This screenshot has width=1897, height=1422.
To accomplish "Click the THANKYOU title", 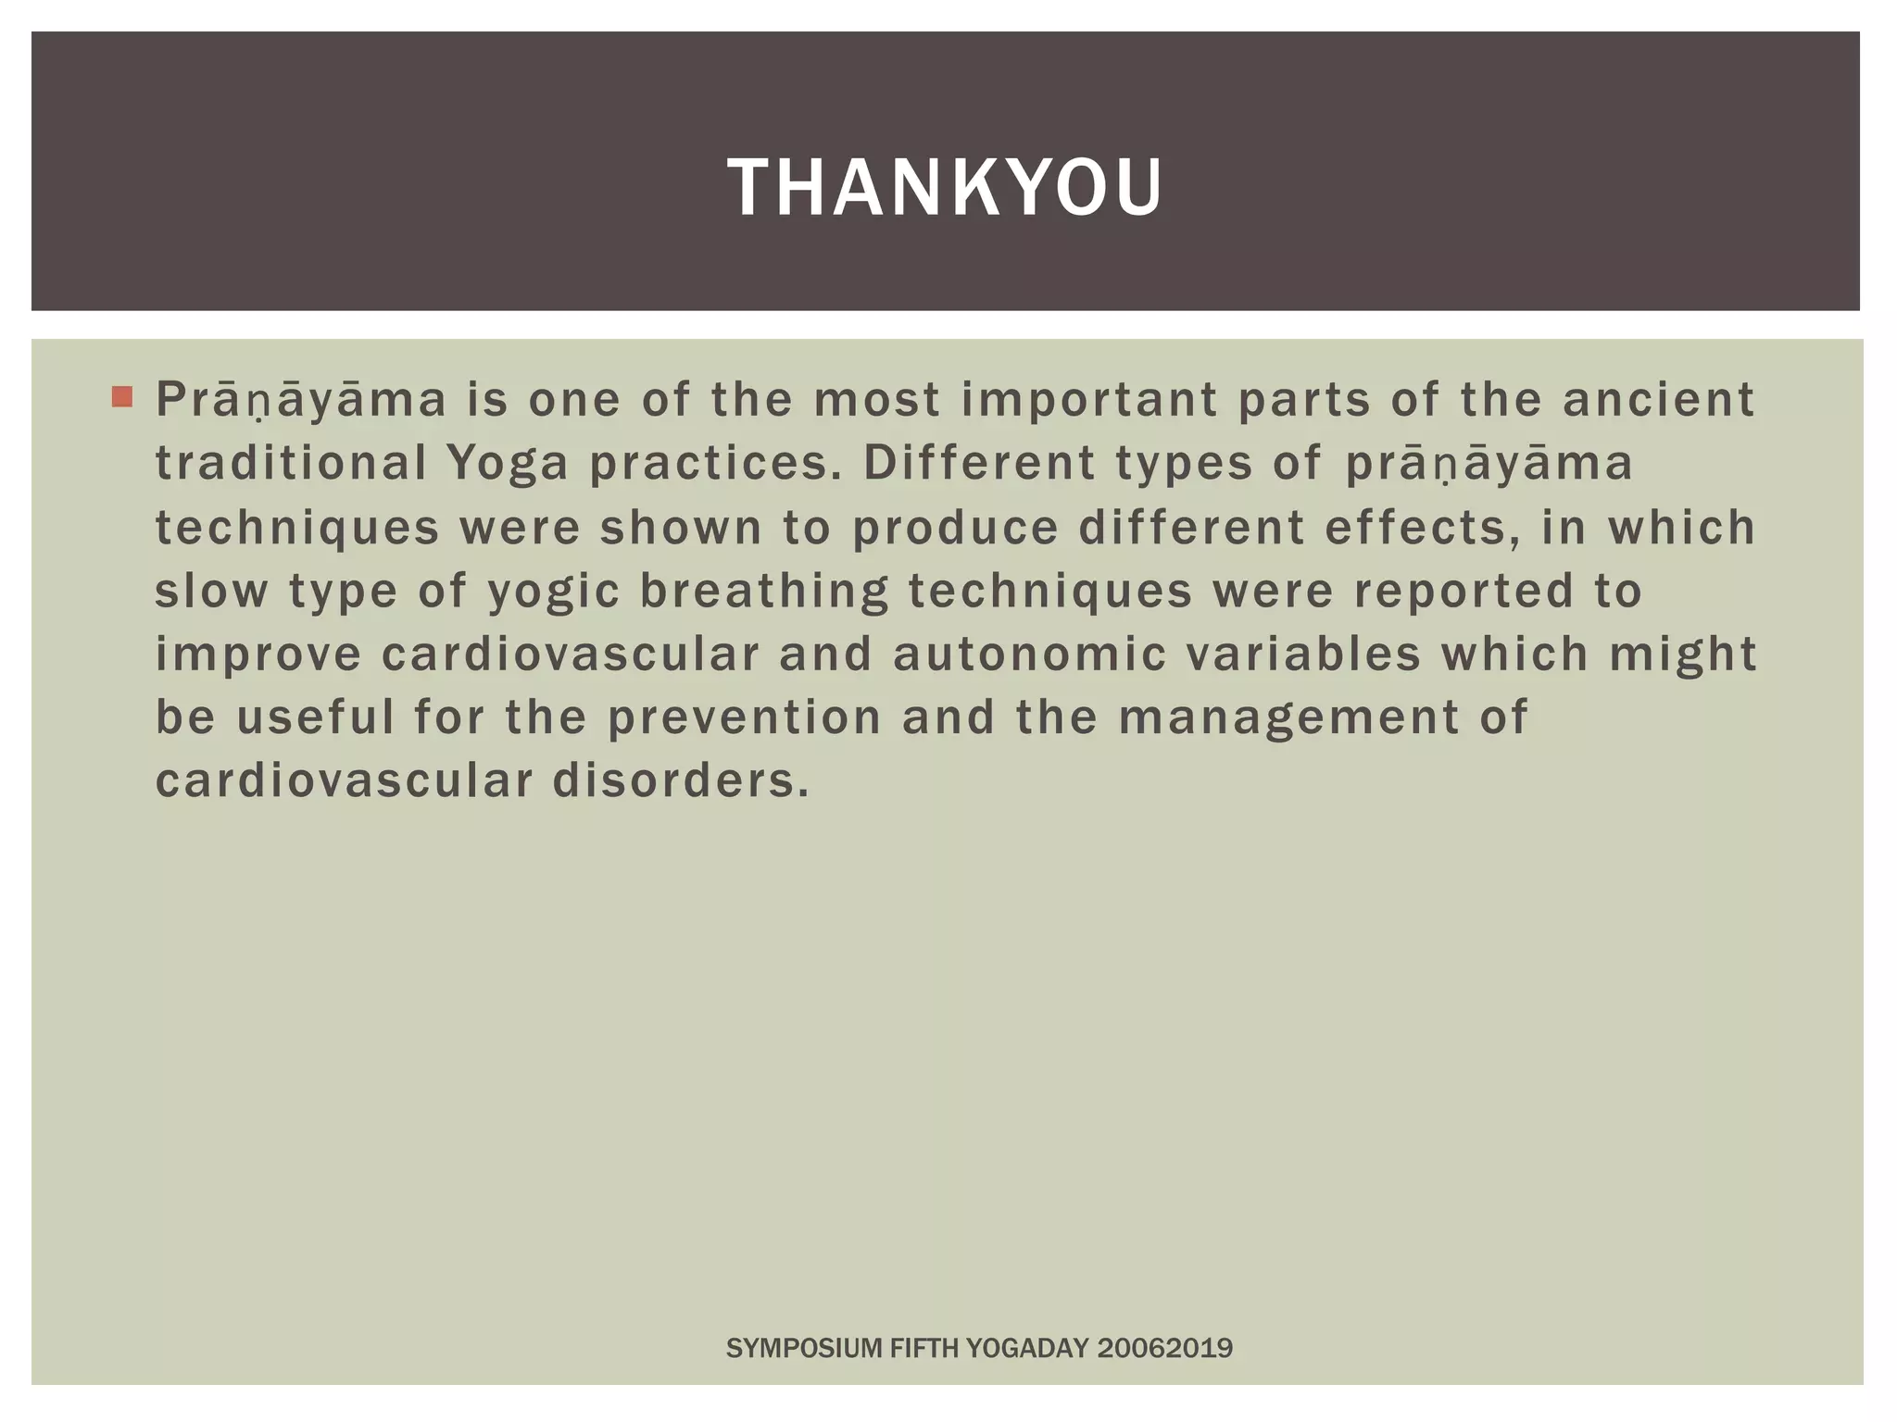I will tap(945, 188).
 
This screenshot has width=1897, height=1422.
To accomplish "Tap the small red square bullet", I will tap(121, 397).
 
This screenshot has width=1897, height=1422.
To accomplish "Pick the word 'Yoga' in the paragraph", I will tap(507, 465).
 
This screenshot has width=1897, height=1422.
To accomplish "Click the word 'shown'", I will tap(681, 528).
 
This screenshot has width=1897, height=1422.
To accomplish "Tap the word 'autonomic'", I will tap(1029, 654).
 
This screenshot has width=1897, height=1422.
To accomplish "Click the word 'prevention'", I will tap(745, 717).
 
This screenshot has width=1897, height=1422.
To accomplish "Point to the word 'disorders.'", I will tap(681, 780).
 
